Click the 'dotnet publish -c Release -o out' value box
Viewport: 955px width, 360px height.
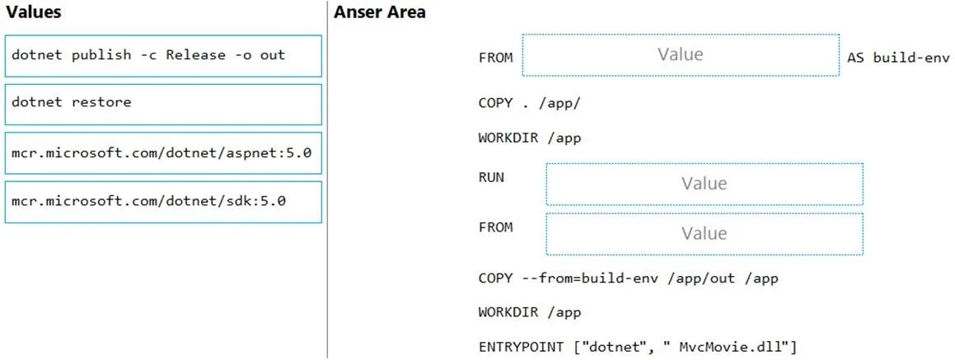(x=163, y=56)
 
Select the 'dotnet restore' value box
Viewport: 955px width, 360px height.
(x=163, y=104)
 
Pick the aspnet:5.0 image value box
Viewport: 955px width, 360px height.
(x=163, y=153)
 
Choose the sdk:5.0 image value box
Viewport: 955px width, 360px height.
(x=163, y=202)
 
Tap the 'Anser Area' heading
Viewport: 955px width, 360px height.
(x=379, y=12)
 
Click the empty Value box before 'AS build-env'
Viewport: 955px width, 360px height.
(x=681, y=55)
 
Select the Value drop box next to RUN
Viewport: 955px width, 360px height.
(x=705, y=184)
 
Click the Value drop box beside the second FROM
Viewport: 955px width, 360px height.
(x=705, y=234)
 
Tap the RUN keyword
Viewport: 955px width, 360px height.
(x=492, y=179)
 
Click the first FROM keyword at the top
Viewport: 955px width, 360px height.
(x=496, y=58)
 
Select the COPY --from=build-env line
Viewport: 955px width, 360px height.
(x=629, y=278)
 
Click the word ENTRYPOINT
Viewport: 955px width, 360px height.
(x=521, y=347)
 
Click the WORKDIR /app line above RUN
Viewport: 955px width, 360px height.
(x=530, y=138)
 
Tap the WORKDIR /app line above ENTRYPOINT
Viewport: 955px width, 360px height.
(x=530, y=312)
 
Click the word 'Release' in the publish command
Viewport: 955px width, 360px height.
(x=196, y=55)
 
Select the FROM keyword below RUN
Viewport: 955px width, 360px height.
(x=496, y=227)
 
